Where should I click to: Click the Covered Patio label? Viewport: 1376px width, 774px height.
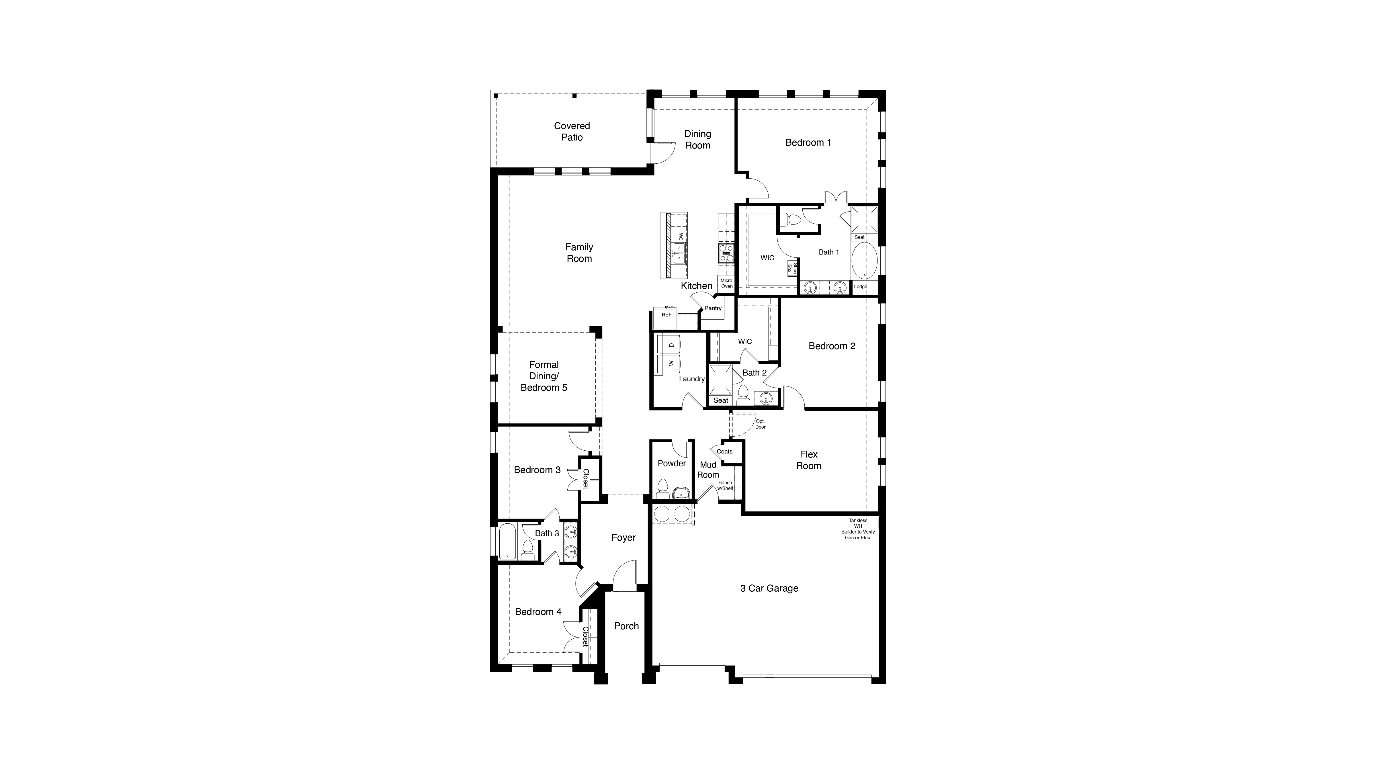[572, 131]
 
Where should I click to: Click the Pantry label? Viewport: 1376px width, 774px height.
[713, 308]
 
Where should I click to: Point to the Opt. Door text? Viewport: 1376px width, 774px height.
[760, 424]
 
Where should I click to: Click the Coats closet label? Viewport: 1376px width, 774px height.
[724, 451]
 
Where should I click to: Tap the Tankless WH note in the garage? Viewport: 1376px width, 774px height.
[858, 529]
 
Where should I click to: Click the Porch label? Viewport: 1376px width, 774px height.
[626, 626]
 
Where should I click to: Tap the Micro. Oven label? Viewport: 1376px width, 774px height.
[726, 283]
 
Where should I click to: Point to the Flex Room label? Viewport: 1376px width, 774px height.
[808, 460]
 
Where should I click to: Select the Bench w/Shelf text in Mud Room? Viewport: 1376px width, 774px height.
[725, 485]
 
